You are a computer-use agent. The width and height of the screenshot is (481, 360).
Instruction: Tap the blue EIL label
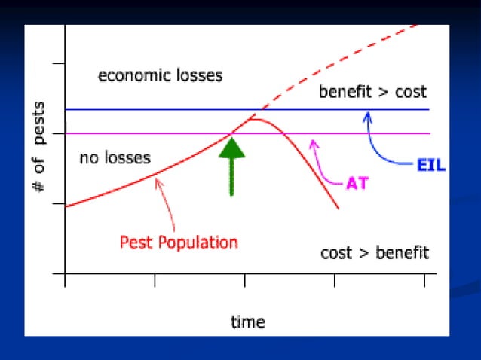[430, 164]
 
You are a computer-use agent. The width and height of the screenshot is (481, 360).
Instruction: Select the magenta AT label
[357, 183]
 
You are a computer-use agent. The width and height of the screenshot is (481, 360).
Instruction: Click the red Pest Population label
[179, 243]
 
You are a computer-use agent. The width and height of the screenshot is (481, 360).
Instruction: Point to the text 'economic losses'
[161, 75]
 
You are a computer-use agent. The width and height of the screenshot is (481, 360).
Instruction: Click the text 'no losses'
[115, 158]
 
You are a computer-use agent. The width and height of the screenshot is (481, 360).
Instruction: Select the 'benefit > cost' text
[372, 93]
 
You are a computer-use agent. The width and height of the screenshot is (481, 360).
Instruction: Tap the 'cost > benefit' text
[375, 252]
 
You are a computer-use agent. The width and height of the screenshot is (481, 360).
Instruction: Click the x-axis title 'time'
[247, 322]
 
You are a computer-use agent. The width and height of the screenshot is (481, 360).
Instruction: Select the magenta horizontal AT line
[151, 134]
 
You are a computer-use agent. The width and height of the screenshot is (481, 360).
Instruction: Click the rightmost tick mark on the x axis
[424, 281]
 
